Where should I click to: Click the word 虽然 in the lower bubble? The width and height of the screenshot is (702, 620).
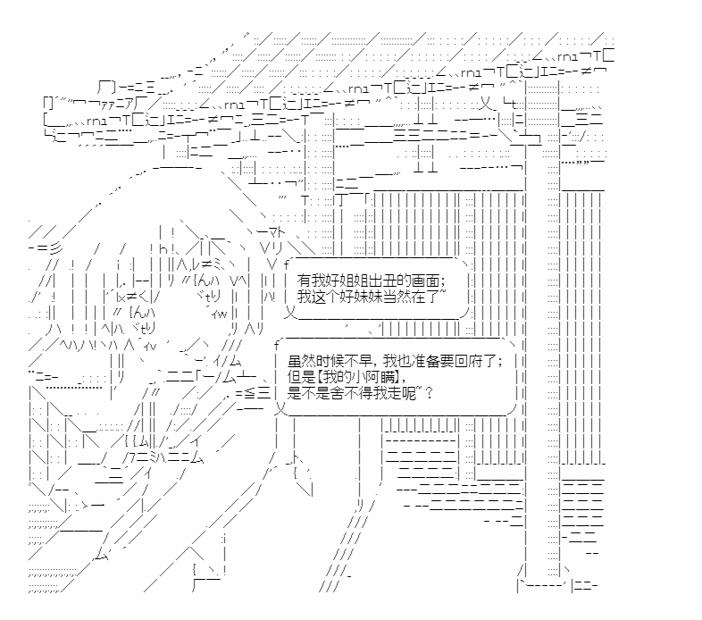click(303, 361)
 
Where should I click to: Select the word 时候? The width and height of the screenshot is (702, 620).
click(330, 361)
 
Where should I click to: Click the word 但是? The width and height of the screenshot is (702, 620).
click(303, 378)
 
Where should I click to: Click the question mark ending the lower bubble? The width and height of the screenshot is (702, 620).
click(430, 394)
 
